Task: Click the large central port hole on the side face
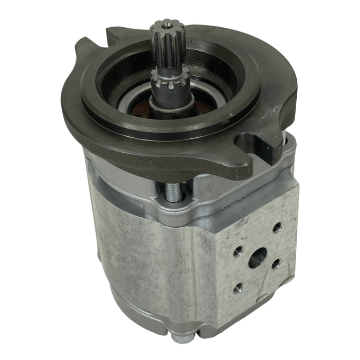click(x=257, y=258)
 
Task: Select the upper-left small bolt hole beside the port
click(x=238, y=251)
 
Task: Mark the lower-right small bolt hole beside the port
click(x=276, y=263)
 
